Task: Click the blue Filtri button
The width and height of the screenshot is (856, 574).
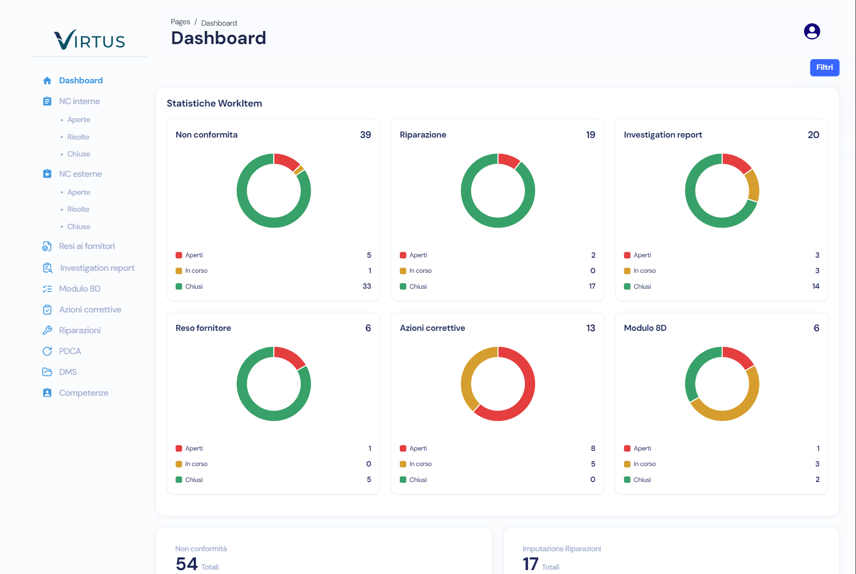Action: point(824,67)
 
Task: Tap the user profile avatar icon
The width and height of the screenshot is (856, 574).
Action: point(811,31)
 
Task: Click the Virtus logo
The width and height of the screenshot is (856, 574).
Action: point(89,40)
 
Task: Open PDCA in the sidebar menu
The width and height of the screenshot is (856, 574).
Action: point(70,351)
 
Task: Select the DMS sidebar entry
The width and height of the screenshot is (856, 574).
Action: point(68,372)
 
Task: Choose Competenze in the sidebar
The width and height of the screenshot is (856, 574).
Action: point(83,393)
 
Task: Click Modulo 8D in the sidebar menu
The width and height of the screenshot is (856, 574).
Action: point(79,289)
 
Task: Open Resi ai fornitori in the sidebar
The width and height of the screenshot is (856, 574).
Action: point(87,246)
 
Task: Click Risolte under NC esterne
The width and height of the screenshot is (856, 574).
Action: point(78,209)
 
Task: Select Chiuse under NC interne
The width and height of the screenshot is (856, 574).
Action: point(79,154)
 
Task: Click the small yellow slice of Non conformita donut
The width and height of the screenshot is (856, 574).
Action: point(299,170)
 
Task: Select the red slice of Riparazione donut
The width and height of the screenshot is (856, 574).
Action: point(508,160)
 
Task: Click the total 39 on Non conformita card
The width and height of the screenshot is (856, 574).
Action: point(365,135)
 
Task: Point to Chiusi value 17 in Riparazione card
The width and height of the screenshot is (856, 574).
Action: point(592,286)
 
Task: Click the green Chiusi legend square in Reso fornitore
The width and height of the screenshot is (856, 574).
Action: point(179,480)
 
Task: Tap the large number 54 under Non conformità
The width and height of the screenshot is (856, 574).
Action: point(187,564)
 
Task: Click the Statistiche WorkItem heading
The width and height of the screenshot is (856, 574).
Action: point(214,103)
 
